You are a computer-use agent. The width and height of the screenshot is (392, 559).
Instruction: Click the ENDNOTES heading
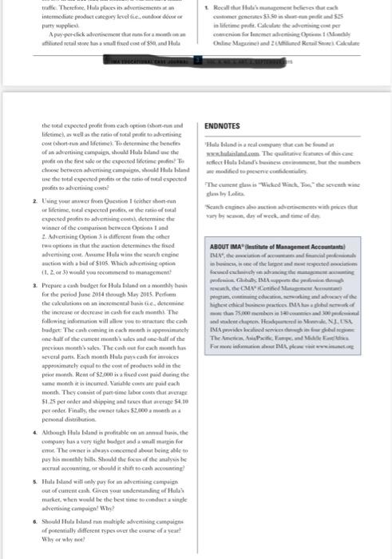[x=224, y=125]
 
